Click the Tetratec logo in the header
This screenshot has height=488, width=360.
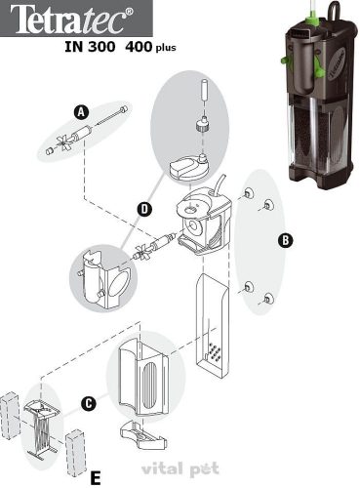click(71, 20)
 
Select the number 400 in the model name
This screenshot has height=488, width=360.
click(139, 47)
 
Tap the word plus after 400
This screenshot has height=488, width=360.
click(166, 48)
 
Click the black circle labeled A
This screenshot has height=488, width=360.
click(81, 112)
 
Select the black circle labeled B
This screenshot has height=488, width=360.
click(286, 241)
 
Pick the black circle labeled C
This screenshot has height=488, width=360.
click(89, 404)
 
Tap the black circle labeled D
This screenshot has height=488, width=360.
click(144, 209)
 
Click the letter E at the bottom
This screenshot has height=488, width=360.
click(96, 478)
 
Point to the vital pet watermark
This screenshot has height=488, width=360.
click(180, 469)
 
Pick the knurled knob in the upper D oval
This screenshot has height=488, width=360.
click(202, 124)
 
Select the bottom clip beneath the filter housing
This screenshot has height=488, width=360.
click(143, 434)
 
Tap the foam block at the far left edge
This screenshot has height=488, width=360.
click(10, 416)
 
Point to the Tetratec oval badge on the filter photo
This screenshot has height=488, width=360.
click(339, 61)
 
